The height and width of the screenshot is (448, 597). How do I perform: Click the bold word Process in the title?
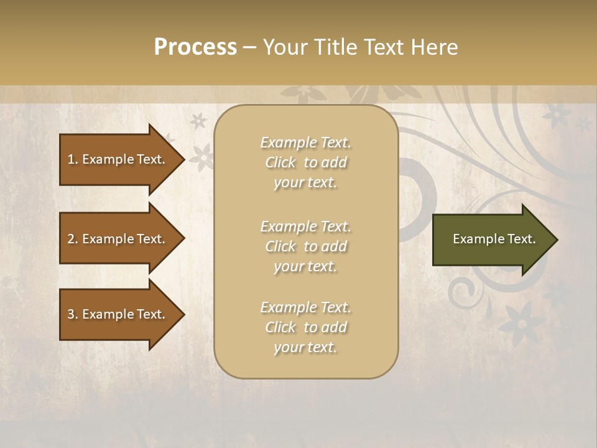click(195, 47)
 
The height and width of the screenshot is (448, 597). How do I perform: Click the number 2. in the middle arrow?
click(73, 239)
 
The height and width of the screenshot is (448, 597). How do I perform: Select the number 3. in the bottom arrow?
click(73, 314)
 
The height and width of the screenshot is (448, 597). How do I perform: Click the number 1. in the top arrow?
click(73, 159)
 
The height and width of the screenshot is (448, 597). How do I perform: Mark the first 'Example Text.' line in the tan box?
click(305, 142)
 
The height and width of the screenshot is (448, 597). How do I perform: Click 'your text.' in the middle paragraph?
click(305, 266)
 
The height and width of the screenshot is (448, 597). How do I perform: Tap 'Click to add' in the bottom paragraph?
click(305, 327)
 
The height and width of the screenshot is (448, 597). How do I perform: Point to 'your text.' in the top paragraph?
click(305, 182)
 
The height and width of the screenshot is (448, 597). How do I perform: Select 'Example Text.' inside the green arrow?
click(494, 239)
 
